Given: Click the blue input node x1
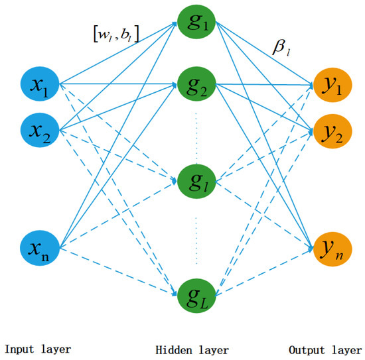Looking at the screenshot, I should coord(39,85).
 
